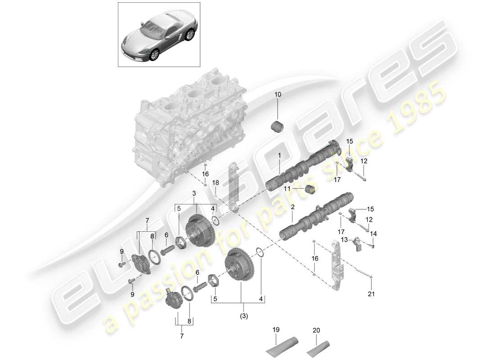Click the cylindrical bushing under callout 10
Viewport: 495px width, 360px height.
pyautogui.click(x=277, y=127)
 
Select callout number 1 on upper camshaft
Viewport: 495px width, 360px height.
pyautogui.click(x=279, y=155)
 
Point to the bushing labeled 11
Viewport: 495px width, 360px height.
pyautogui.click(x=309, y=190)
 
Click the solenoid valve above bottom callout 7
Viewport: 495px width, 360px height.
pyautogui.click(x=171, y=298)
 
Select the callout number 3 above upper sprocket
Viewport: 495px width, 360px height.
pyautogui.click(x=194, y=193)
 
